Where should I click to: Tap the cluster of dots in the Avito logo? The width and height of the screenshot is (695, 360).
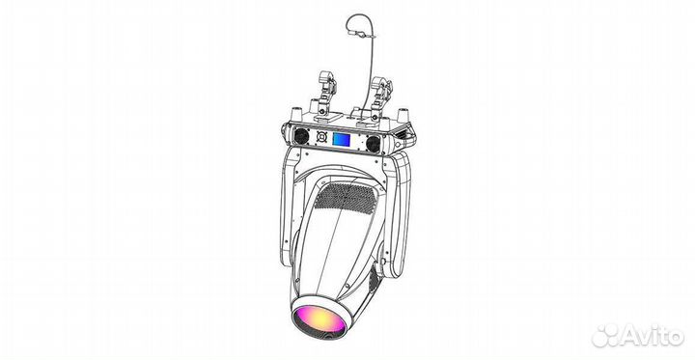[606, 334]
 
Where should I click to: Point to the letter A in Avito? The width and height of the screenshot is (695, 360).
[627, 335]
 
